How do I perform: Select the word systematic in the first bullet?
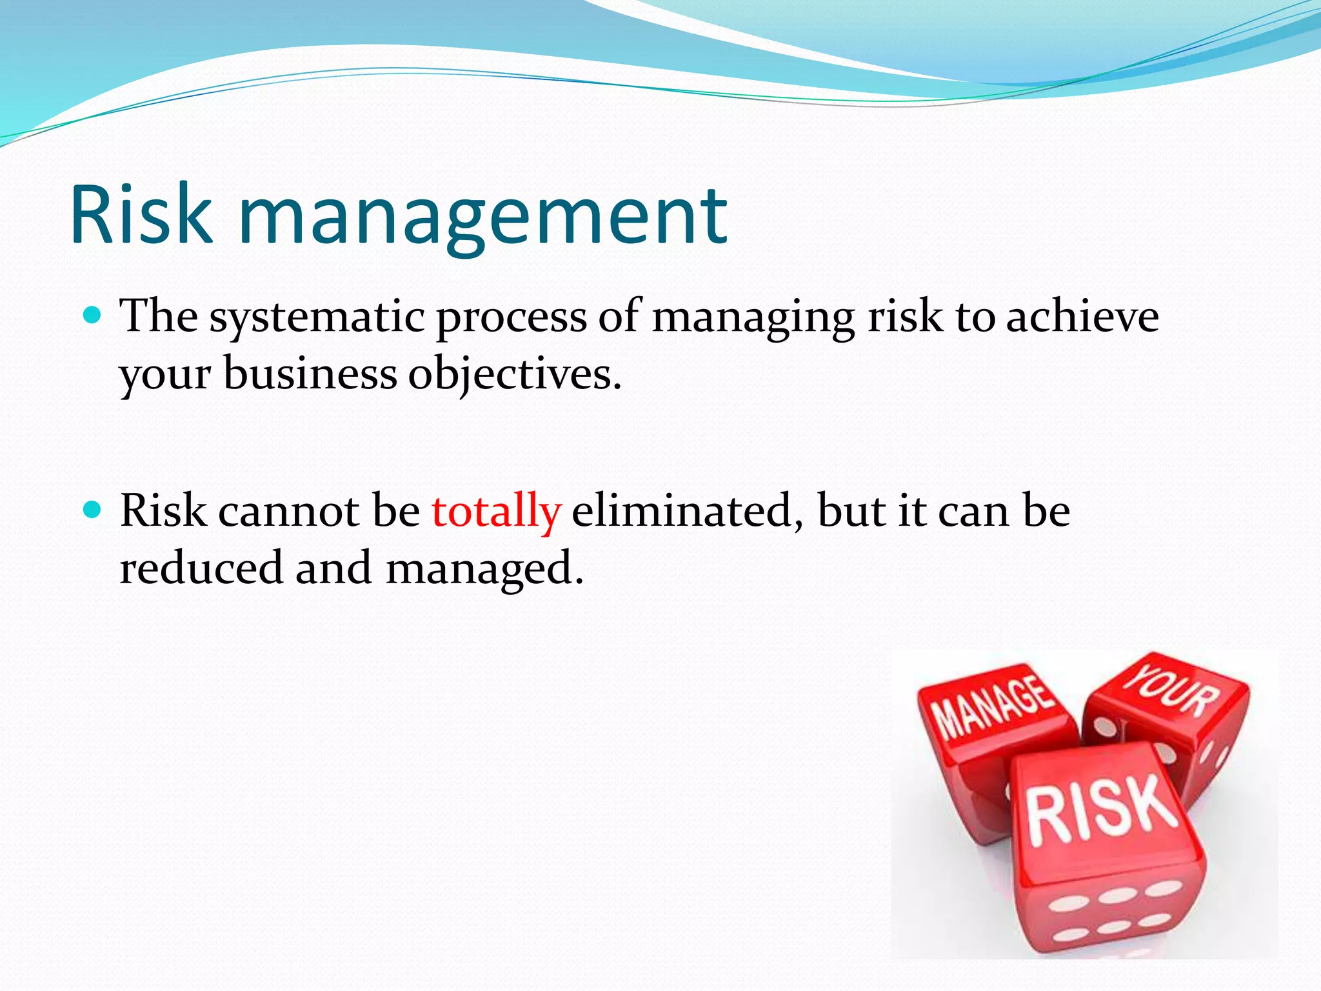coord(317,317)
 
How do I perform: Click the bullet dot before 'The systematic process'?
coord(94,315)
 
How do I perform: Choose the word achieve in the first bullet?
coord(1082,316)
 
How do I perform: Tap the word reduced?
coord(201,568)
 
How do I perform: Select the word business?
coord(310,374)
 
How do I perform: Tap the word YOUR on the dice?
coord(1172,692)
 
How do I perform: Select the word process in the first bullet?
coord(512,317)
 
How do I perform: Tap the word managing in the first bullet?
coord(753,317)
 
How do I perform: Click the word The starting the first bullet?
coord(159,316)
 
